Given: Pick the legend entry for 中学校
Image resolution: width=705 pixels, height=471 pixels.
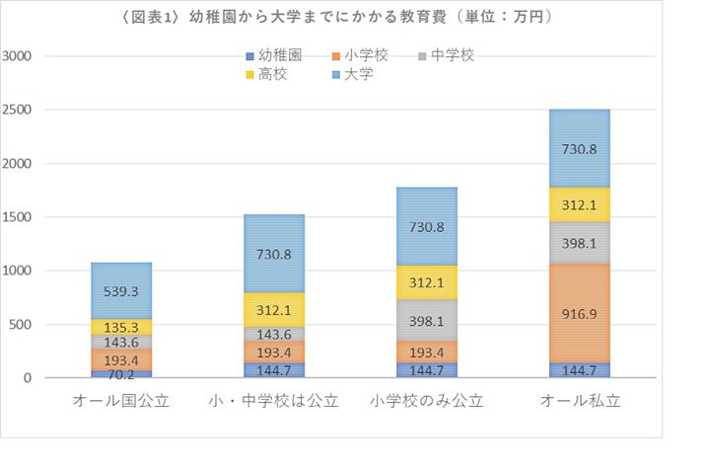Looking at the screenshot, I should pos(449,55).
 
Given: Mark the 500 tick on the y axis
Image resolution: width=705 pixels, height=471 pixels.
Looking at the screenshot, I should pos(22,325).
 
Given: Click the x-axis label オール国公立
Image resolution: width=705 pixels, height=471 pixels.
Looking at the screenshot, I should pos(121,402).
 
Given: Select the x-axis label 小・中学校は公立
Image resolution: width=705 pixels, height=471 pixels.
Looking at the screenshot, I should pos(274,402).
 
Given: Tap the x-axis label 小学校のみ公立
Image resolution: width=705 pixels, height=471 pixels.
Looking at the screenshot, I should pos(428,402).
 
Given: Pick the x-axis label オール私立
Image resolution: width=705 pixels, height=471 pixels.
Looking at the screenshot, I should pos(579,402).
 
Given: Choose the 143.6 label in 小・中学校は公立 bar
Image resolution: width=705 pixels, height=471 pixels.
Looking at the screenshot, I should pos(275,334).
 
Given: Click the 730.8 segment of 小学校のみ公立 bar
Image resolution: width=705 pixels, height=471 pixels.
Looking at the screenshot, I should pos(428,226).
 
